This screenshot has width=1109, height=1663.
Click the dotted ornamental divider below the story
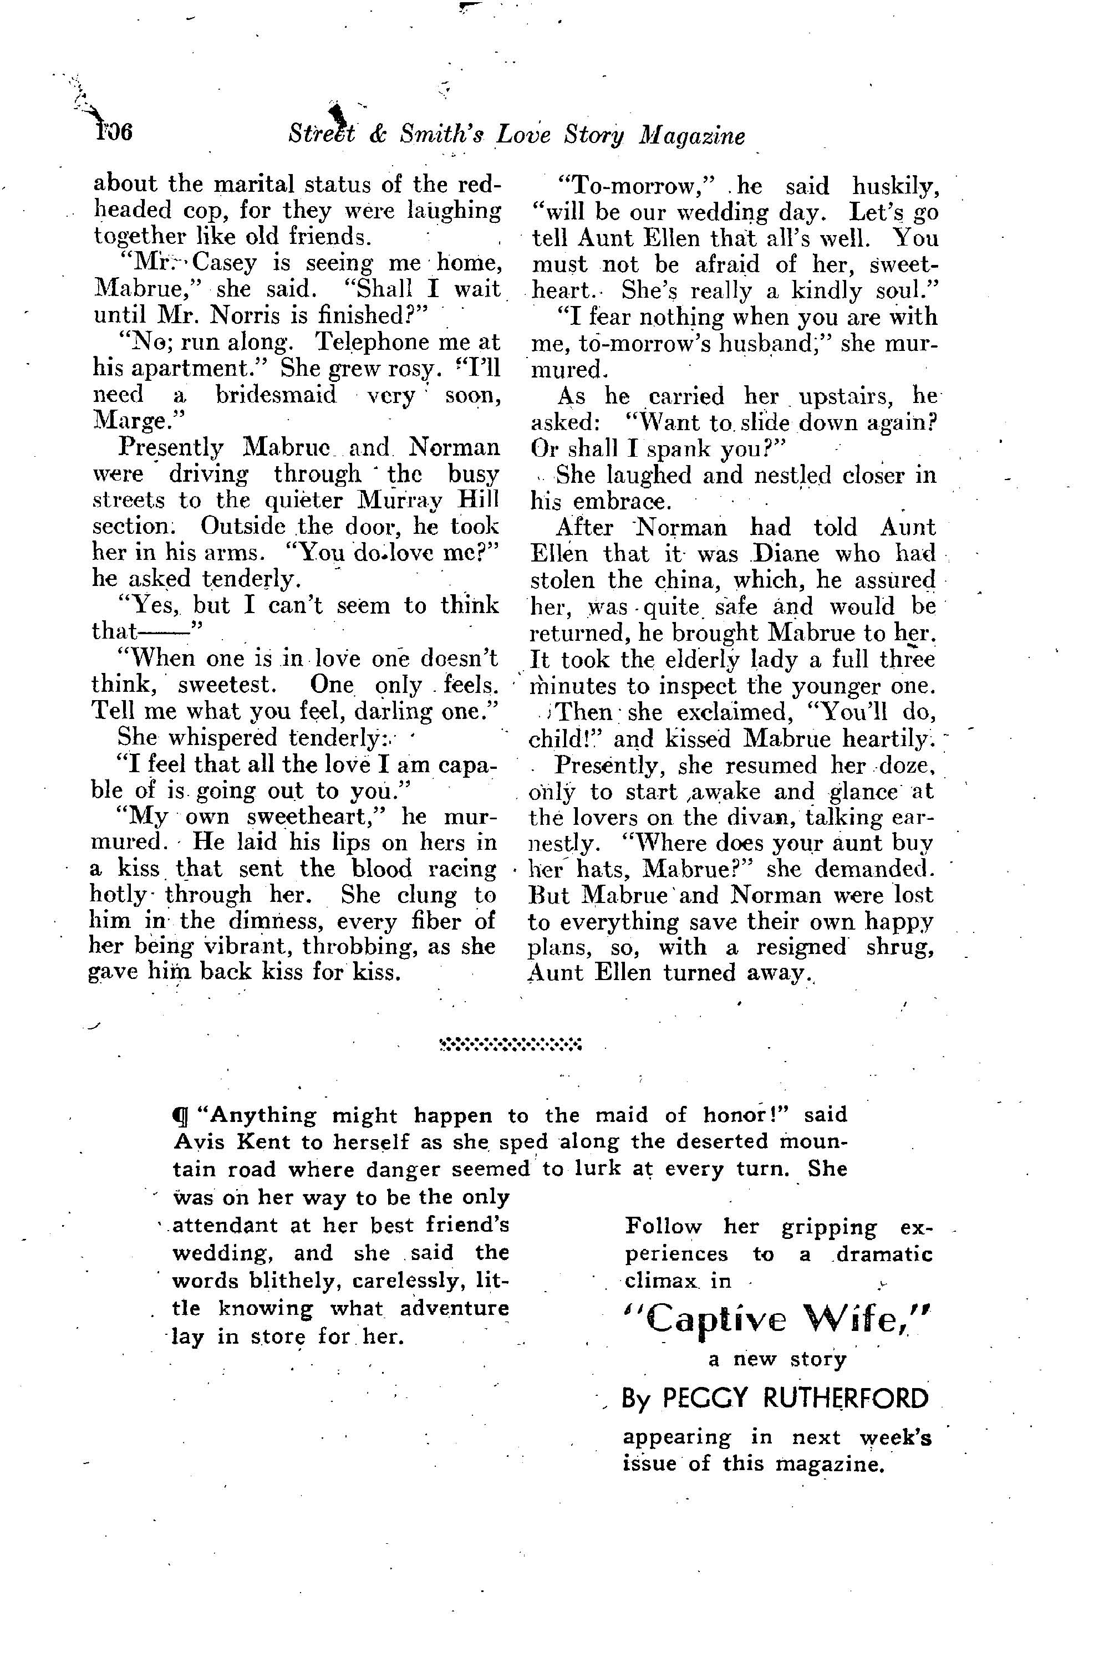tap(510, 1044)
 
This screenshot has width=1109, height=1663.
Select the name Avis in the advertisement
tap(195, 1142)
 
